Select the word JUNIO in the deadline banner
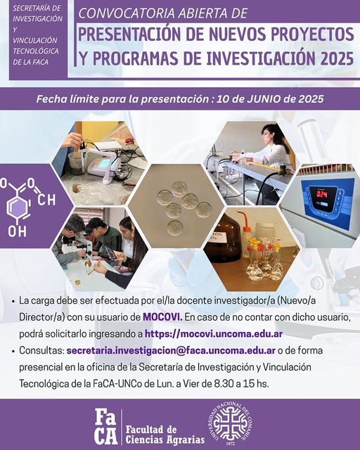click(263, 99)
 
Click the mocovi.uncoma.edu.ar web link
click(214, 334)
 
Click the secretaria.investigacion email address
click(171, 351)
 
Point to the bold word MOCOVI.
click(162, 317)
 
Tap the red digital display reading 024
click(323, 194)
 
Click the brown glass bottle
click(221, 238)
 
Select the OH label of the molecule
click(17, 231)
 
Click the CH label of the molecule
click(46, 200)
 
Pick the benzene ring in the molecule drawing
click(18, 208)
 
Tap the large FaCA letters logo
click(106, 427)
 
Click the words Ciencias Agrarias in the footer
click(165, 439)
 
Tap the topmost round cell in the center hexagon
click(179, 188)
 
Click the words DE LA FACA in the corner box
click(31, 62)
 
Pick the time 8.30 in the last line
click(224, 384)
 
